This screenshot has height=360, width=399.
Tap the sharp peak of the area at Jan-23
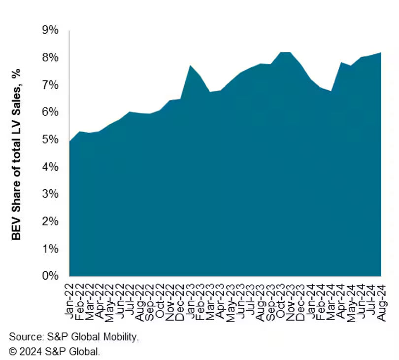click(190, 66)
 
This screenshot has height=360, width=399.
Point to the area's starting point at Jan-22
click(69, 142)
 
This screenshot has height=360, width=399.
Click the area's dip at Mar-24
click(331, 91)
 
